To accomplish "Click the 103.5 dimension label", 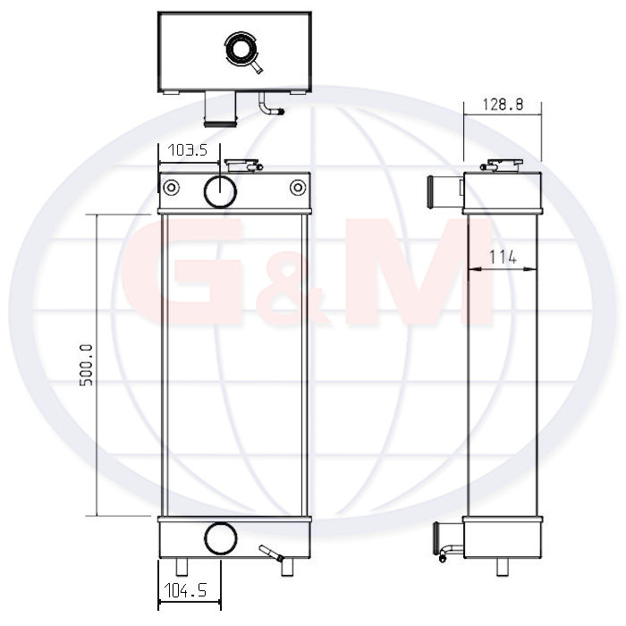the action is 187,150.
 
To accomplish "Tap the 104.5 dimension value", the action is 185,590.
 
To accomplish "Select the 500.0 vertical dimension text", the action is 86,365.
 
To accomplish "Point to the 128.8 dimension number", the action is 503,105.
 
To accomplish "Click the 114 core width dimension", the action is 503,257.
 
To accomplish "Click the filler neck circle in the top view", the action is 241,50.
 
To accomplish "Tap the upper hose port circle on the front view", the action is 220,191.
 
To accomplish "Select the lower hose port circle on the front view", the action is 220,538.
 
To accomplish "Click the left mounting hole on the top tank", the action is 172,187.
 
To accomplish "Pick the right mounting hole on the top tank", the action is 298,187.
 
